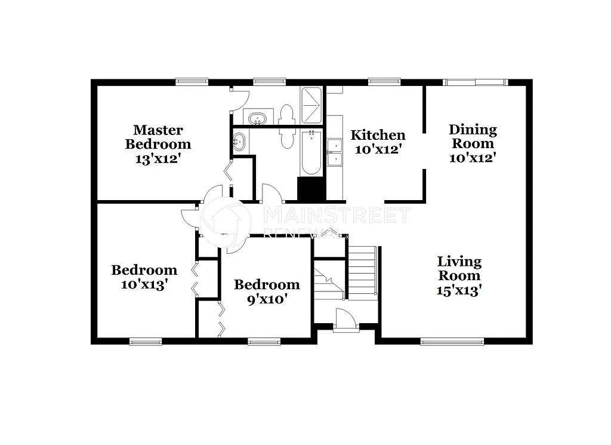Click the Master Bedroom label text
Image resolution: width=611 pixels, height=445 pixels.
pos(158,137)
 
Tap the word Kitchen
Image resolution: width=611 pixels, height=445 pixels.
pos(378,135)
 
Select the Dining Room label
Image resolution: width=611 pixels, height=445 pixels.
pos(473,136)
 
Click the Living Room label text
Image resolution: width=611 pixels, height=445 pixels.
pos(459,268)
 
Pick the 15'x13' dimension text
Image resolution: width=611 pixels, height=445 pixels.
pos(459,290)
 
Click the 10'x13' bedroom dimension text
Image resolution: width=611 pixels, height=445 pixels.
pos(144,285)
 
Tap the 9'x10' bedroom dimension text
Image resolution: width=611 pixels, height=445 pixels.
pos(266,299)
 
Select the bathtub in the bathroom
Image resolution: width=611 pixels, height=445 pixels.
pos(310,152)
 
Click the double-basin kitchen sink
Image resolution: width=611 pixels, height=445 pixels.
pos(334,152)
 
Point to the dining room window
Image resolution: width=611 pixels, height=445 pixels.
pos(476,82)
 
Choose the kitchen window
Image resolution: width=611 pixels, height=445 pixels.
pos(384,82)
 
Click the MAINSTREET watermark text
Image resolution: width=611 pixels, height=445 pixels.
pos(337,215)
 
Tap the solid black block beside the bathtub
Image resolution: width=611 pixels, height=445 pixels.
pos(311,189)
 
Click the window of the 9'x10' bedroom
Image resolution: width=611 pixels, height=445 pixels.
pos(264,342)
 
